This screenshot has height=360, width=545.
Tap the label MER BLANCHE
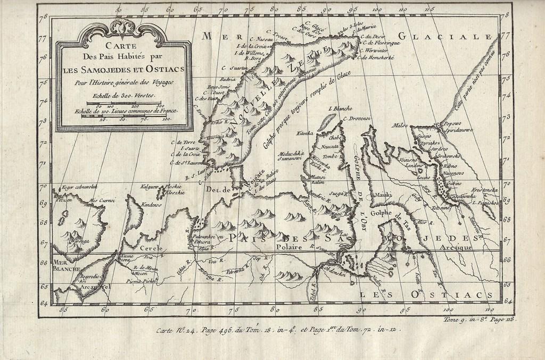click(x=65, y=265)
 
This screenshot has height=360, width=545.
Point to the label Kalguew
click(x=149, y=187)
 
